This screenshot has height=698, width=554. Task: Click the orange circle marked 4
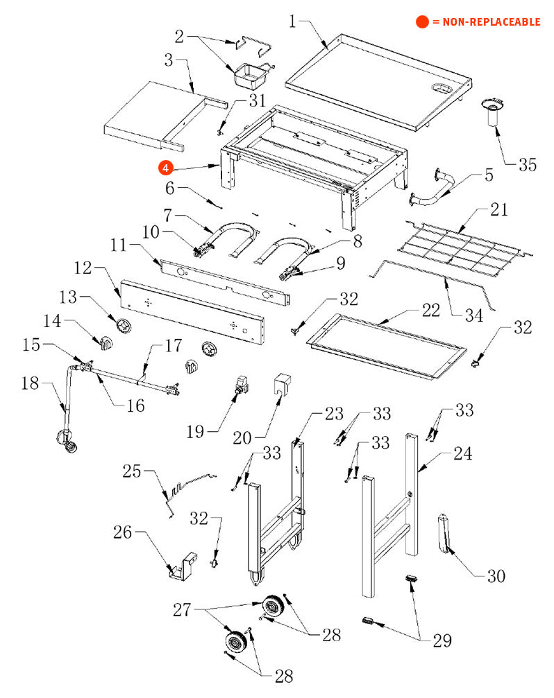(x=165, y=167)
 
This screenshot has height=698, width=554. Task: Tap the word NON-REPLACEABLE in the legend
(x=486, y=22)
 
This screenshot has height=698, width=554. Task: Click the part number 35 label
(x=528, y=165)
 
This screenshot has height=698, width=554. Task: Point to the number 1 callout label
(x=292, y=21)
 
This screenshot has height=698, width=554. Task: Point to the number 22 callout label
(x=431, y=310)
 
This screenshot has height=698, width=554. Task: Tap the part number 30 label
(x=496, y=576)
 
